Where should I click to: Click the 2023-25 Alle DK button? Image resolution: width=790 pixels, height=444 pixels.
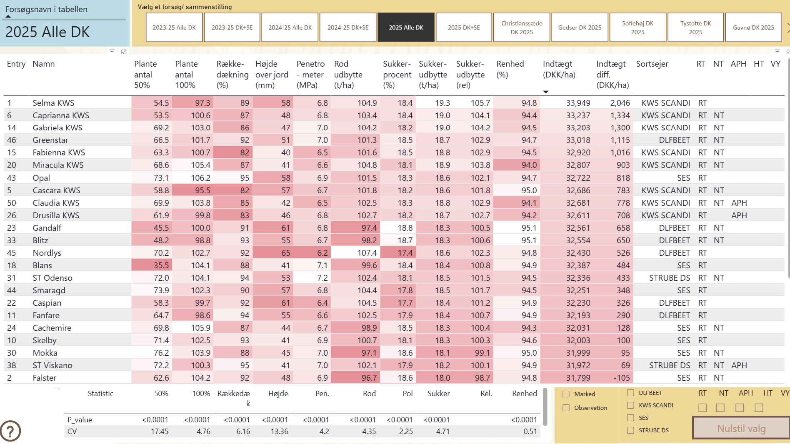pyautogui.click(x=174, y=27)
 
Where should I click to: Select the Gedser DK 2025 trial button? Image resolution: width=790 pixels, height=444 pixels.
pyautogui.click(x=580, y=27)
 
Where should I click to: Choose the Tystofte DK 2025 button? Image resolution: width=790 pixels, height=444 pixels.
pyautogui.click(x=695, y=27)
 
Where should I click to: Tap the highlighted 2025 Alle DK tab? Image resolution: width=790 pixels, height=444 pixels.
pyautogui.click(x=406, y=27)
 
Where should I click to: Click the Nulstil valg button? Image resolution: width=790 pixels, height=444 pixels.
pyautogui.click(x=741, y=429)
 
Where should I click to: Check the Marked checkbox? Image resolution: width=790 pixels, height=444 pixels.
pyautogui.click(x=566, y=394)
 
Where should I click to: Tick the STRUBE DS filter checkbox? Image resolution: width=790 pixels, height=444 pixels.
pyautogui.click(x=631, y=430)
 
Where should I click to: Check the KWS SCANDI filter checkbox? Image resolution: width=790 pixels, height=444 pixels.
pyautogui.click(x=631, y=405)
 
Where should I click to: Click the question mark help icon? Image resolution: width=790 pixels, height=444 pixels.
pyautogui.click(x=10, y=431)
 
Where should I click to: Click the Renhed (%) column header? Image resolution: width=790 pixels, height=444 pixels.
pyautogui.click(x=510, y=69)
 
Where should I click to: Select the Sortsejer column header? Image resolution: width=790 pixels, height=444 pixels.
pyautogui.click(x=652, y=64)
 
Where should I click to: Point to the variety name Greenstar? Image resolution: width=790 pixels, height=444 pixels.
pyautogui.click(x=50, y=140)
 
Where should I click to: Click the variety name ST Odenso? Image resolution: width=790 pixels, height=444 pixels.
pyautogui.click(x=52, y=278)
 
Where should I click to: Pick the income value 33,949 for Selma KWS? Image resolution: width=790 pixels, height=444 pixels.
pyautogui.click(x=578, y=103)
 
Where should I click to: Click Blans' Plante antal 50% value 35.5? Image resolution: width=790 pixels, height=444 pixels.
pyautogui.click(x=161, y=265)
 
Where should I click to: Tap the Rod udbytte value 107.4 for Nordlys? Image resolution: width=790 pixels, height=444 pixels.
pyautogui.click(x=367, y=253)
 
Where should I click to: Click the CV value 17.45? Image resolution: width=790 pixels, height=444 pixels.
pyautogui.click(x=160, y=432)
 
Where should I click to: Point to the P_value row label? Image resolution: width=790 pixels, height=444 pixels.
pyautogui.click(x=80, y=420)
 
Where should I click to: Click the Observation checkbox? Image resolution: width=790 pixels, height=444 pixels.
pyautogui.click(x=566, y=408)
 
